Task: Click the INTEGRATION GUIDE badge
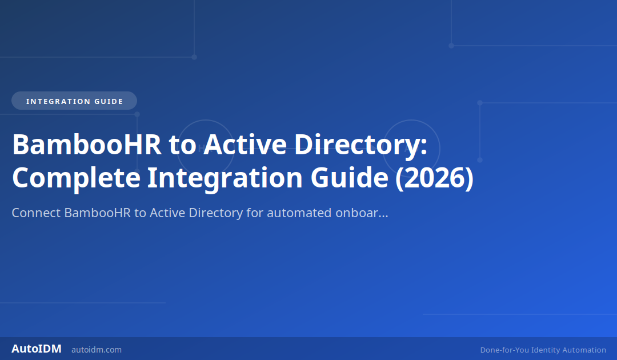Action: (x=74, y=101)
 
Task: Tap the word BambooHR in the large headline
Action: (x=85, y=145)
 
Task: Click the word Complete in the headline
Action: (x=76, y=178)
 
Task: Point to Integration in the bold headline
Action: (x=225, y=178)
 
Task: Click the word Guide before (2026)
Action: (x=349, y=178)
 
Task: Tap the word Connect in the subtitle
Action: (x=36, y=213)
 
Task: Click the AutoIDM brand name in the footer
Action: (x=37, y=349)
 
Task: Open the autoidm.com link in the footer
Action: (x=97, y=350)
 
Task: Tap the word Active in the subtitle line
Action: (x=167, y=213)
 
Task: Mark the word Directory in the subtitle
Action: (x=216, y=213)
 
